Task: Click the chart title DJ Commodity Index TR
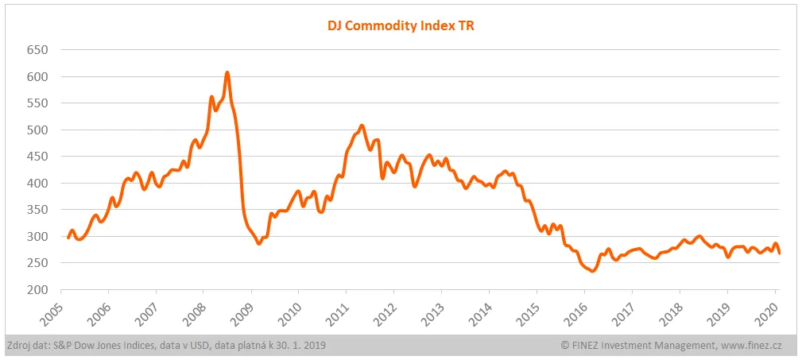pos(401,25)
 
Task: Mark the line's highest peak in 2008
pos(227,73)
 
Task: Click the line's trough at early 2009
pos(258,243)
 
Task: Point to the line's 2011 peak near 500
pos(362,126)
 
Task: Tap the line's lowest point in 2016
pos(592,271)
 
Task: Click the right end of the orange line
pos(779,253)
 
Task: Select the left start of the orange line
pos(68,237)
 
